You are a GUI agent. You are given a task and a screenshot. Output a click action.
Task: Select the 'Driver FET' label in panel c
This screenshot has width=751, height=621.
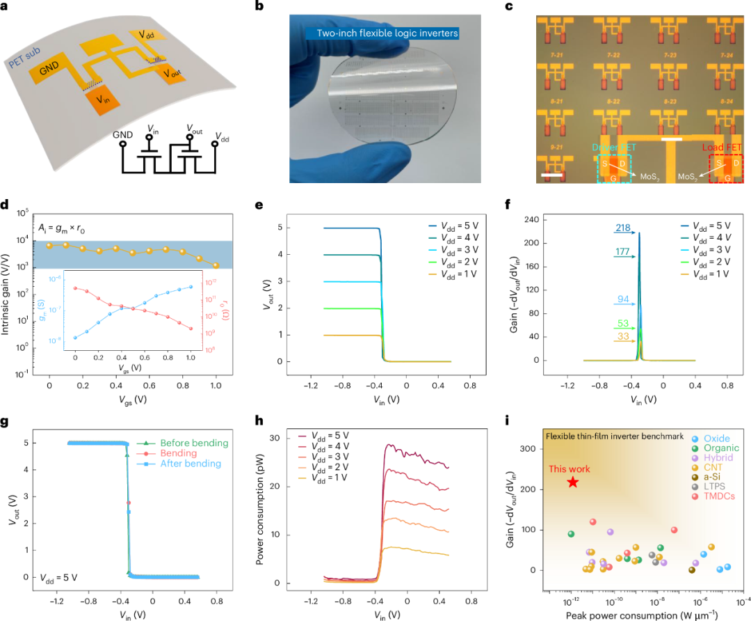(613, 148)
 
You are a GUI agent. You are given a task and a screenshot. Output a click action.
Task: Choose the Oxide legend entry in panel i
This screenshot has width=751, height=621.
(717, 439)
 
